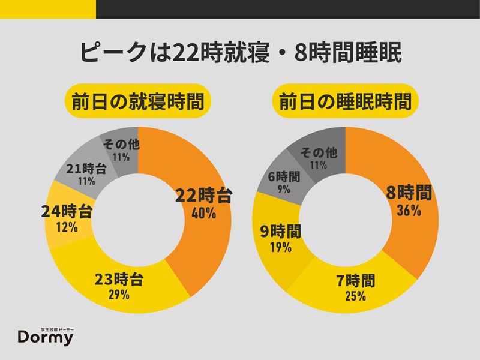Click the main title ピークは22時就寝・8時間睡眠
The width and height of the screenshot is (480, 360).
click(240, 52)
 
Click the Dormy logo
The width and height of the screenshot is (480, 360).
click(46, 336)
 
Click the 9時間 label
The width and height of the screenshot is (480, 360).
click(281, 231)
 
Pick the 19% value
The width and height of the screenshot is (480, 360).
click(281, 247)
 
